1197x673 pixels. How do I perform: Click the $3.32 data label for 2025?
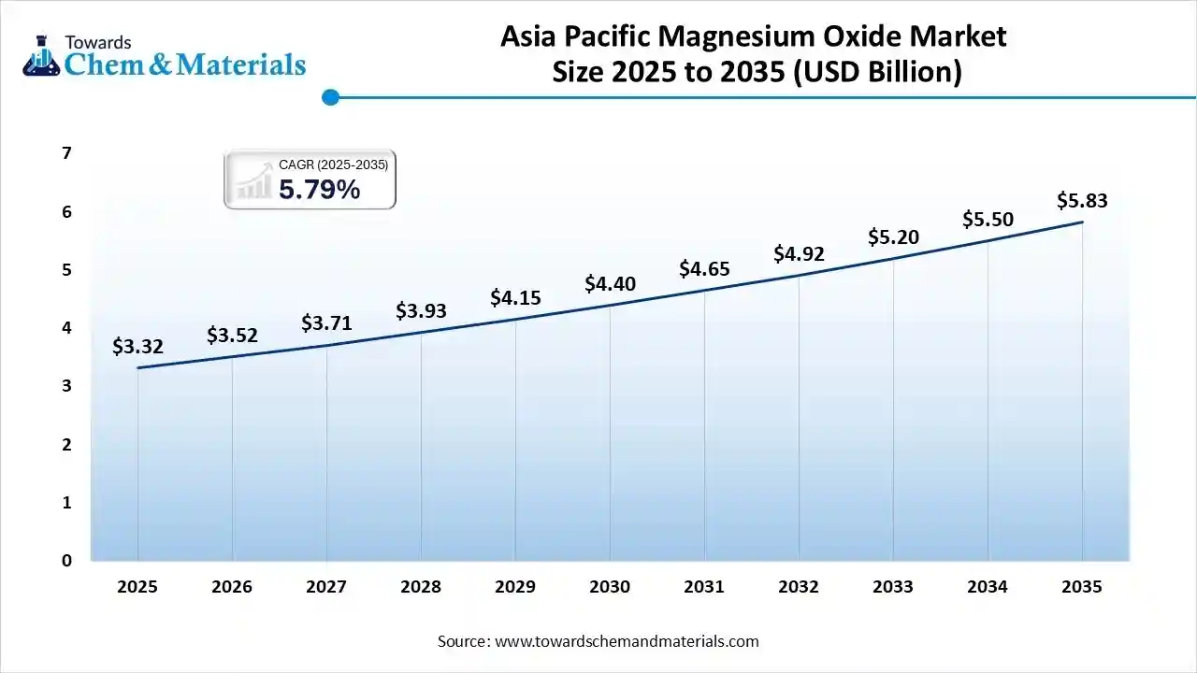[x=137, y=347]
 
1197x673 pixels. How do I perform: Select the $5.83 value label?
[x=1082, y=200]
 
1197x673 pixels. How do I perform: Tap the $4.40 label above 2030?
[x=610, y=283]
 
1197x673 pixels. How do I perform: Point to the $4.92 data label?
[x=799, y=254]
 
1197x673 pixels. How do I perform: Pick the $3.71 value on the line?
[x=326, y=323]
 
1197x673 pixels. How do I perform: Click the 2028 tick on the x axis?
[x=421, y=587]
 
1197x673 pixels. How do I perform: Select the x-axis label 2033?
[x=893, y=587]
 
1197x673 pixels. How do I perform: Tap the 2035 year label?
[x=1082, y=587]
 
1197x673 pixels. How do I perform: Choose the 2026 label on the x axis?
[x=232, y=587]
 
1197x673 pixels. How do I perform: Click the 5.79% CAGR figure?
[x=319, y=190]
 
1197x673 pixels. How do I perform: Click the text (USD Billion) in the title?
[x=877, y=72]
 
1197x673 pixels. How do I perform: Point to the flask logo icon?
[x=41, y=56]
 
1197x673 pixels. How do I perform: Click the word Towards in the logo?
[x=98, y=42]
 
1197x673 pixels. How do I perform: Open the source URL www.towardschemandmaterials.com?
[x=626, y=641]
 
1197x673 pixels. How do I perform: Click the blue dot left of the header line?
[x=329, y=97]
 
